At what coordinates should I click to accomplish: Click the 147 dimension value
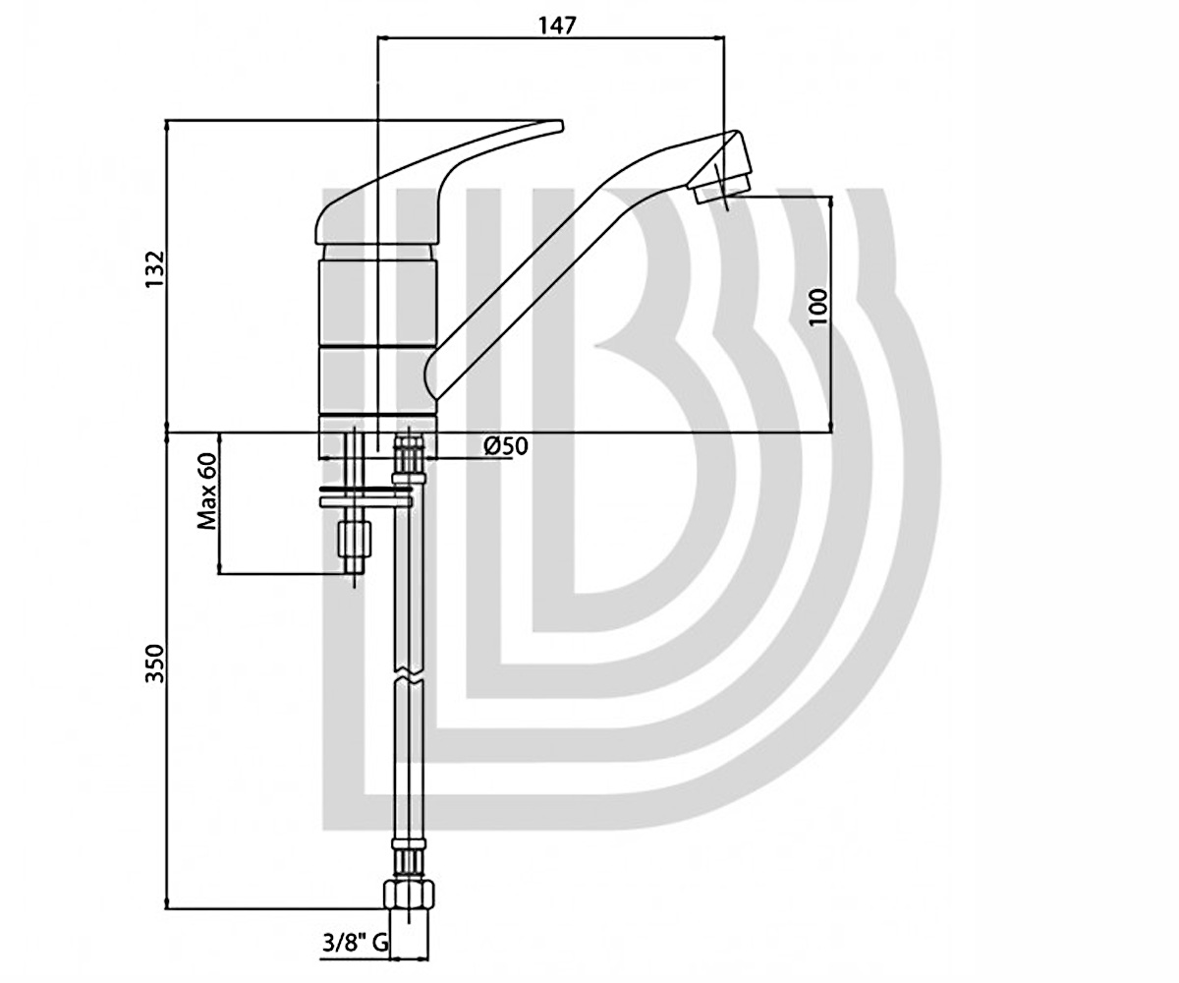557,26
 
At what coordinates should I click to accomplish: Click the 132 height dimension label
155,268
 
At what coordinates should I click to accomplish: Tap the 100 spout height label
818,307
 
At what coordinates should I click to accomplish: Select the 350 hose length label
155,664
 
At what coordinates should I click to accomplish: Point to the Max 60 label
206,491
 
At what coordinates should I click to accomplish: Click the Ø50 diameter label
505,446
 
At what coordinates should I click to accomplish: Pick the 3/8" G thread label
355,943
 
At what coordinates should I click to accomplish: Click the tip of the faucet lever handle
560,125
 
